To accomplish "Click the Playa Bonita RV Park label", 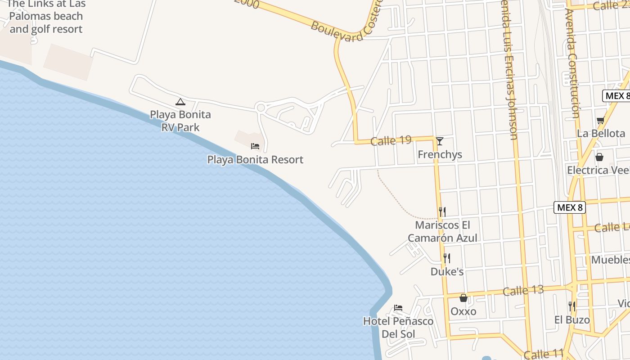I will [x=180, y=121].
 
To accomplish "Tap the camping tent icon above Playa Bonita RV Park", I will [x=180, y=102].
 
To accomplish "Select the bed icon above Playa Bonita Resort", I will [x=255, y=146].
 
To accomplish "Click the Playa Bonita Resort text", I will [x=255, y=160].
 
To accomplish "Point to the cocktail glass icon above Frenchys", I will [x=440, y=141].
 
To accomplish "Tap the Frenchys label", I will [x=440, y=155].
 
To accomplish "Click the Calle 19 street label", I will [x=391, y=141].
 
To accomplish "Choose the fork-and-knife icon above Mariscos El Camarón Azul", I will [x=442, y=211].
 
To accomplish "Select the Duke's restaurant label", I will [x=447, y=272].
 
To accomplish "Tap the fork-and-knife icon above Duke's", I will [x=447, y=258].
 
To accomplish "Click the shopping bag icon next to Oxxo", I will [x=463, y=298].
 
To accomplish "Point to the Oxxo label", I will [x=463, y=311].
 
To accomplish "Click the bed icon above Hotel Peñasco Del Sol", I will [x=398, y=308].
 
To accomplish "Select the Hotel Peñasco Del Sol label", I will [x=398, y=328].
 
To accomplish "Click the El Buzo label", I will [x=572, y=320].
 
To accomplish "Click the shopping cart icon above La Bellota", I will [x=600, y=121].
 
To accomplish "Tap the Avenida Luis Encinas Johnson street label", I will [x=509, y=72].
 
